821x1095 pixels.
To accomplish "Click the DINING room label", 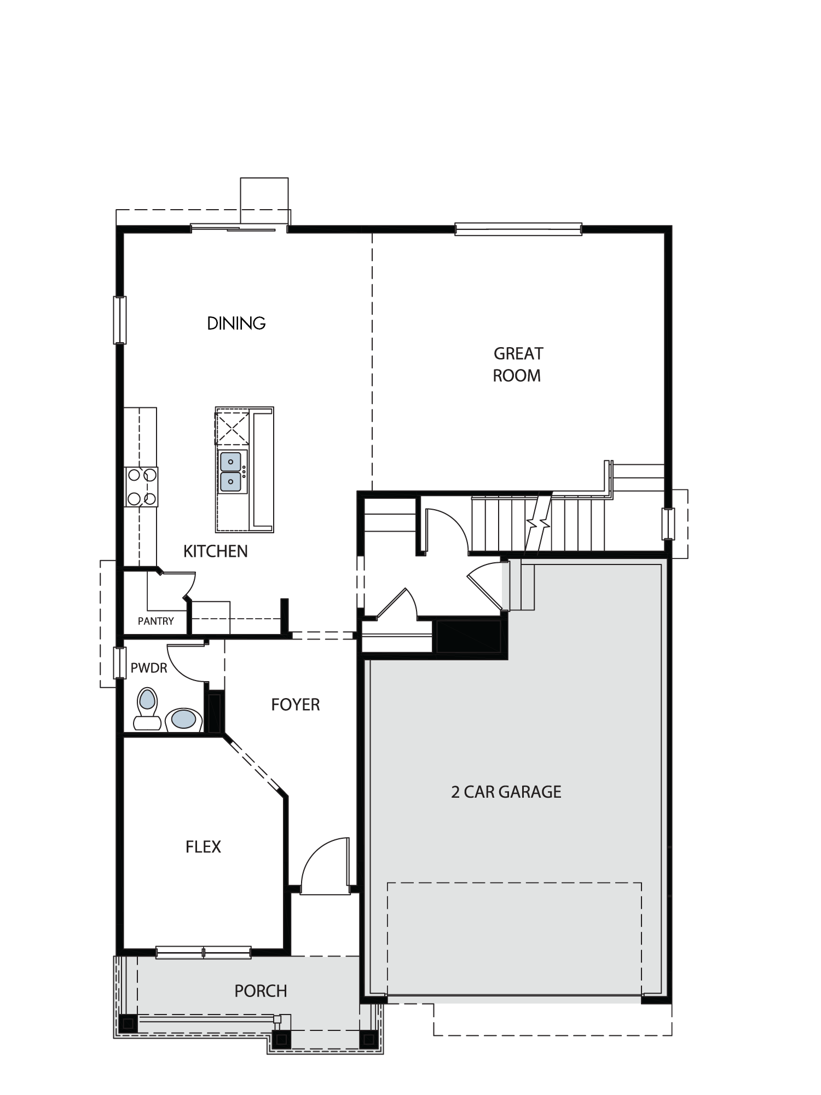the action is click(x=236, y=324).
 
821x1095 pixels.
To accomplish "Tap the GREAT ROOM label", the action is click(x=517, y=365).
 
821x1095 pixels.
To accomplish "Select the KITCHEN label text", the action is click(x=216, y=551).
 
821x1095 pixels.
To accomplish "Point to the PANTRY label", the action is click(x=155, y=621).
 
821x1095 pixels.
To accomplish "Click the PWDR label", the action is click(x=149, y=668).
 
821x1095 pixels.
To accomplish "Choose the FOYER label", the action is click(x=296, y=705).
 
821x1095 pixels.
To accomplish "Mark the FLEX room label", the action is click(x=203, y=847).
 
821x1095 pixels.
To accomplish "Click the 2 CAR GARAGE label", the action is click(x=506, y=792).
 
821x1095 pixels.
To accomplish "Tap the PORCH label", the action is click(x=261, y=991).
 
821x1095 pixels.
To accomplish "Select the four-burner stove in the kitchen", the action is click(x=141, y=487).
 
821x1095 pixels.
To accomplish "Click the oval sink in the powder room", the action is click(x=184, y=718).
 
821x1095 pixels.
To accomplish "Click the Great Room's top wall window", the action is click(x=518, y=229).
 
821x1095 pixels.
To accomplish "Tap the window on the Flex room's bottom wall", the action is click(x=204, y=953).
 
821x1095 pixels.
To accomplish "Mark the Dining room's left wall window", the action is click(x=119, y=320).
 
